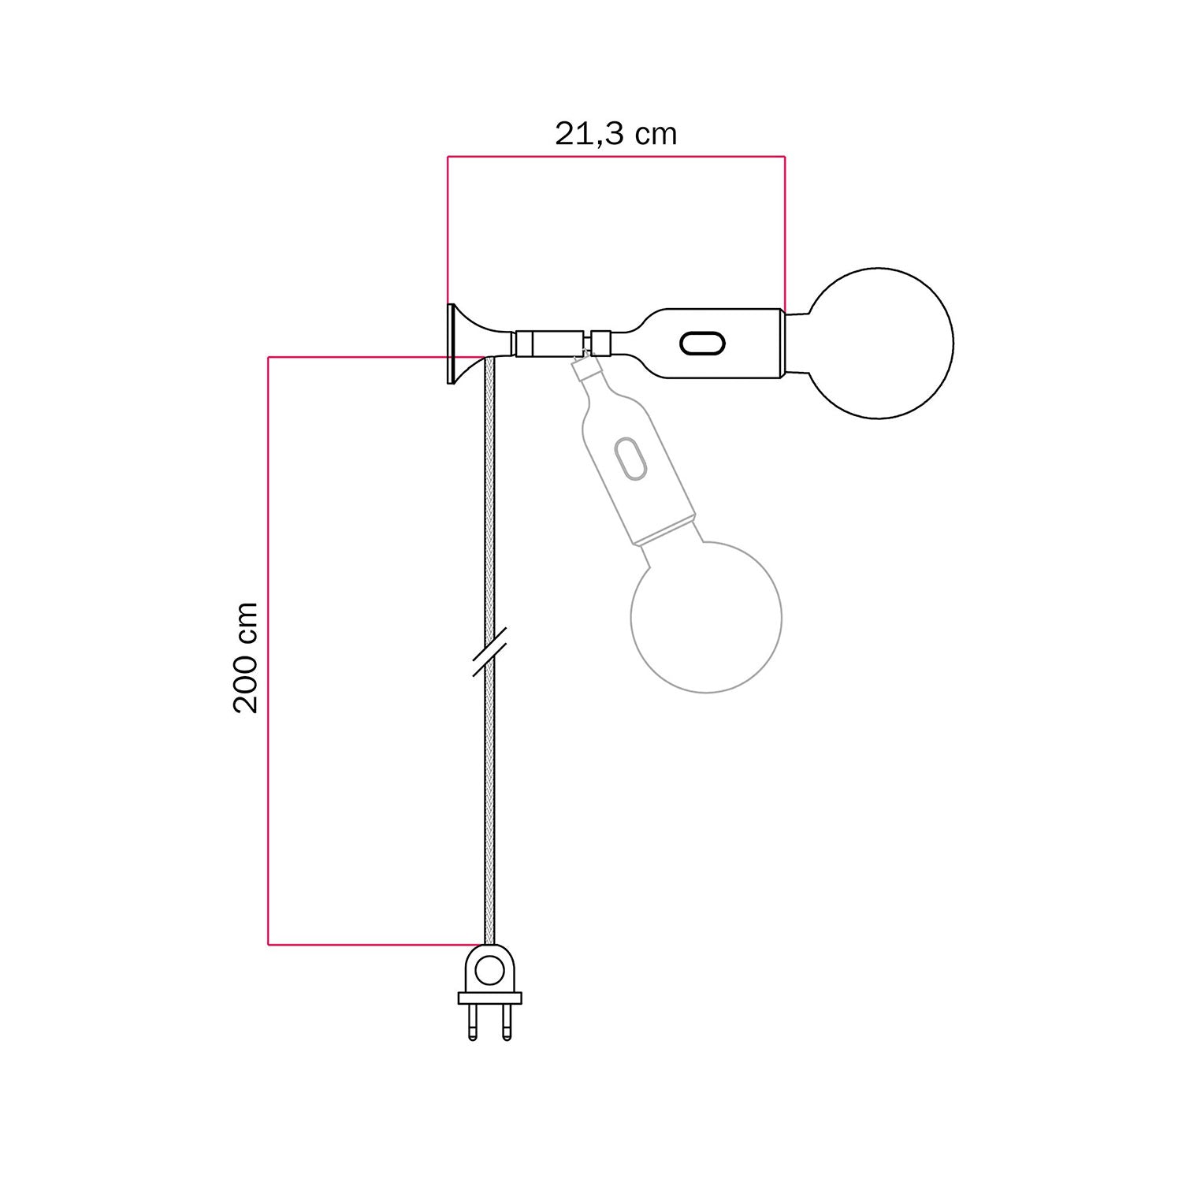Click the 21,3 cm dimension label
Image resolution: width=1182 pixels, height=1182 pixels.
pyautogui.click(x=615, y=134)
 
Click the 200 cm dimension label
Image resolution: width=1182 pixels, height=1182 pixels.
pyautogui.click(x=246, y=657)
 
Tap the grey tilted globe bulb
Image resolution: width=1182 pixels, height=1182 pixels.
pyautogui.click(x=706, y=616)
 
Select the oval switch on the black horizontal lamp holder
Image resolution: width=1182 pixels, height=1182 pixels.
pyautogui.click(x=701, y=344)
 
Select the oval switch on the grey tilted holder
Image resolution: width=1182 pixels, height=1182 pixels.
pyautogui.click(x=630, y=458)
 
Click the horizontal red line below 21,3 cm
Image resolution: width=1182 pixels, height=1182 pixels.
pyautogui.click(x=615, y=157)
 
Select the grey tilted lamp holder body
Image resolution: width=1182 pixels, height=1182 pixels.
pyautogui.click(x=638, y=473)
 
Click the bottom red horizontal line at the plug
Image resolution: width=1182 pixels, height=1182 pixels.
pyautogui.click(x=370, y=944)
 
